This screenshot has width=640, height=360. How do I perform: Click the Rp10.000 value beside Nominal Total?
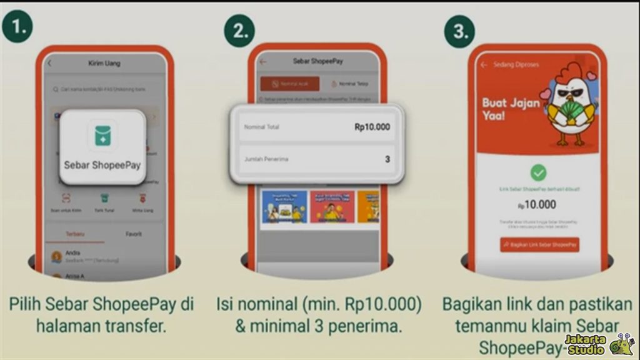pyautogui.click(x=372, y=127)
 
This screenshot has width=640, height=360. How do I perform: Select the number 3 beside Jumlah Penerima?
pyautogui.click(x=387, y=159)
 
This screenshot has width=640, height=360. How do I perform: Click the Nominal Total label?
pyautogui.click(x=261, y=127)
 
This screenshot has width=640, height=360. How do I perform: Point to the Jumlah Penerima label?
pyautogui.click(x=267, y=159)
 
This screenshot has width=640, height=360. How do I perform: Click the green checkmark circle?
pyautogui.click(x=538, y=172)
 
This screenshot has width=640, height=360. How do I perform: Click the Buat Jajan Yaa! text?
pyautogui.click(x=511, y=109)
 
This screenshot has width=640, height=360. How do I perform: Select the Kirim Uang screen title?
pyautogui.click(x=104, y=63)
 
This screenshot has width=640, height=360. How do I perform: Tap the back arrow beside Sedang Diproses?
pyautogui.click(x=484, y=64)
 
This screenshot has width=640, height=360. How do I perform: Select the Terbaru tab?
pyautogui.click(x=75, y=234)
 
